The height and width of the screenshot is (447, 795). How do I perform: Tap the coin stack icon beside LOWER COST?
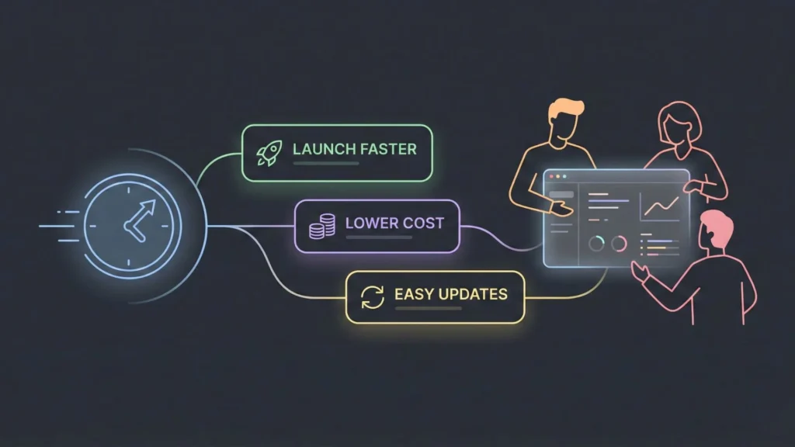point(321,225)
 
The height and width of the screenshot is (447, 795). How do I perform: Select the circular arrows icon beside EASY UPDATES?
point(373,296)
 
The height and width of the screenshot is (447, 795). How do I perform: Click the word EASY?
point(414,294)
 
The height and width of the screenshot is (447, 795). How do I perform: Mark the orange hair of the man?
point(564,111)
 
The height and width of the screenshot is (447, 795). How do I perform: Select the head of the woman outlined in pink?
point(679,124)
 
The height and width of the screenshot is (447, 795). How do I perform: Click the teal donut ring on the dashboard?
point(596,244)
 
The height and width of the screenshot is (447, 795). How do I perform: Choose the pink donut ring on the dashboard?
point(619,244)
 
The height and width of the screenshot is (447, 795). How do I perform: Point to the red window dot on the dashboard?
point(551,178)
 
